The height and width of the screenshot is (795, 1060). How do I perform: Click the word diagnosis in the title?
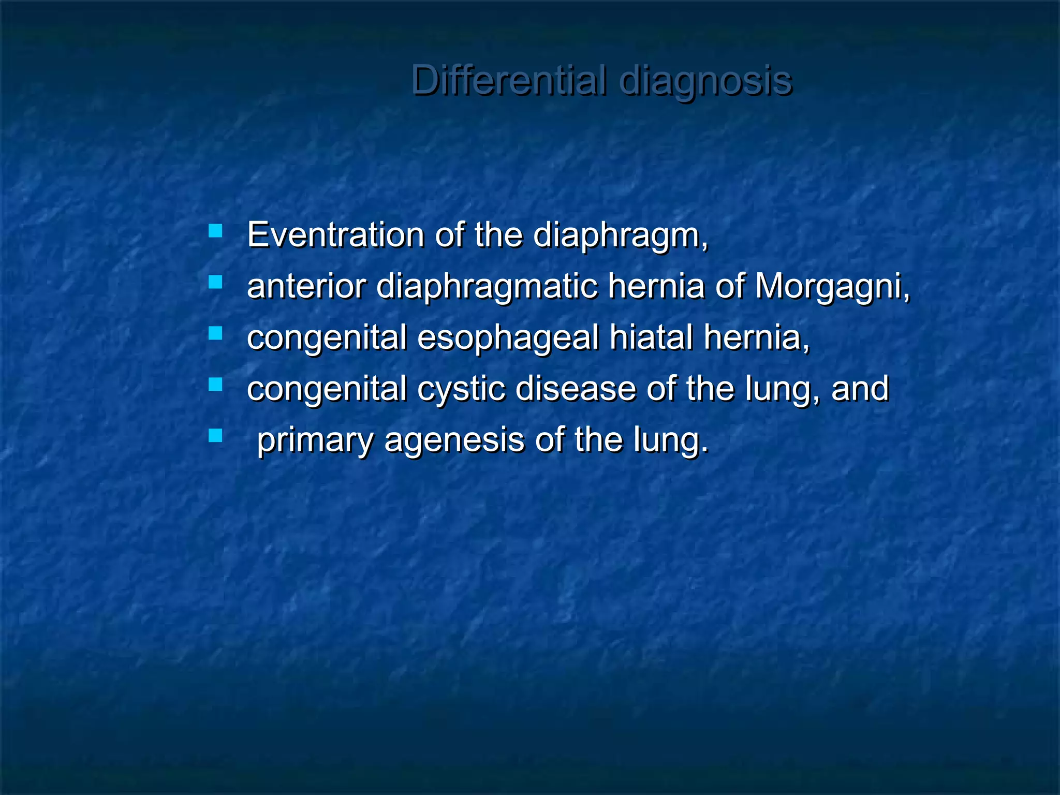pos(705,81)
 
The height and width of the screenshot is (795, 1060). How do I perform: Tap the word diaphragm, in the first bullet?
pos(620,236)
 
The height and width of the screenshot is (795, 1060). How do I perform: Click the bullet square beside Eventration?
pos(215,231)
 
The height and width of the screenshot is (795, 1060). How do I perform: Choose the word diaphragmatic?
pos(487,287)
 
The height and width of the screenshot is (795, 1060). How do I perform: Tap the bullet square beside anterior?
pos(215,282)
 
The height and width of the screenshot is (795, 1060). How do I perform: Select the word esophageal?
pos(508,338)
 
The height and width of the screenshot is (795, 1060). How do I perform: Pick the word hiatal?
pos(651,337)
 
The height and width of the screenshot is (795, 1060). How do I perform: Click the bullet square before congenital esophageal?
pos(215,333)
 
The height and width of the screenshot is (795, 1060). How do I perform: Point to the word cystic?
pos(461,389)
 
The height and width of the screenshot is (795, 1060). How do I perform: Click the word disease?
pos(576,389)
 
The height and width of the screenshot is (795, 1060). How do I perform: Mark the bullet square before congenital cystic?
pos(215,384)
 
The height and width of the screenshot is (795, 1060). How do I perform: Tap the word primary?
pos(315,441)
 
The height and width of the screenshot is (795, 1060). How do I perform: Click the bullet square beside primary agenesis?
pos(215,435)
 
